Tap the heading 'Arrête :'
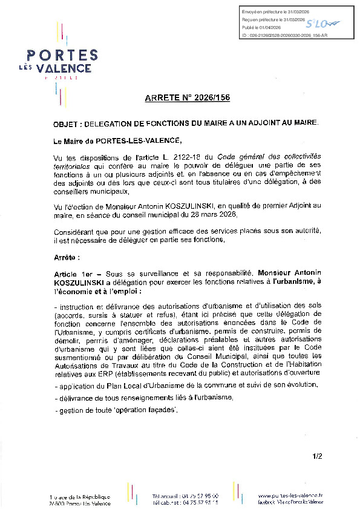pos(67,257)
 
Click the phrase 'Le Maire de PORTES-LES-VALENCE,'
pos(117,141)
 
